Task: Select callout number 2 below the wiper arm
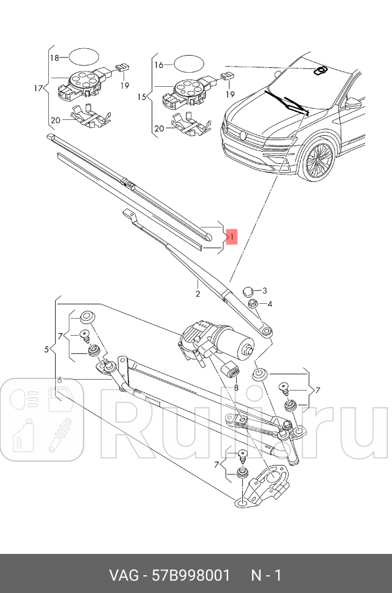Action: click(x=198, y=294)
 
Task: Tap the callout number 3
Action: click(x=265, y=290)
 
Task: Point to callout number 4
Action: click(x=269, y=304)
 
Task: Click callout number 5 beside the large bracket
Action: click(x=46, y=349)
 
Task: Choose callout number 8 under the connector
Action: click(x=235, y=388)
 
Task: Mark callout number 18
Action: click(x=54, y=57)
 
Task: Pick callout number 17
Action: click(x=38, y=89)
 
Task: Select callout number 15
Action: click(x=141, y=97)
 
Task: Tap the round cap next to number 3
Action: click(x=248, y=290)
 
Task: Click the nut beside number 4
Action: click(x=251, y=303)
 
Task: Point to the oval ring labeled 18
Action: click(x=83, y=57)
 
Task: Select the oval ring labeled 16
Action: click(x=188, y=64)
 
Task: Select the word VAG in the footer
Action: click(x=122, y=575)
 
